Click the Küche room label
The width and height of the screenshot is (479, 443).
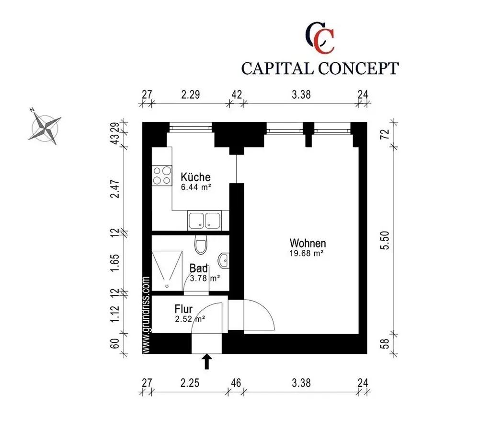(195, 177)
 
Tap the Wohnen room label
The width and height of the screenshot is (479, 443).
(308, 243)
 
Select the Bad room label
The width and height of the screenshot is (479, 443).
(199, 268)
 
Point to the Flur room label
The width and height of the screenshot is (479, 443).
(183, 309)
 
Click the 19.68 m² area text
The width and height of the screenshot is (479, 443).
(307, 253)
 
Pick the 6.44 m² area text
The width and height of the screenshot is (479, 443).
(196, 187)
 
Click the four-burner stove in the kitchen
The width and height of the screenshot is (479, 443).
(162, 175)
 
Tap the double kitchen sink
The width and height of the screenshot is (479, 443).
(205, 220)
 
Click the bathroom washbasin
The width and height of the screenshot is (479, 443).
(224, 261)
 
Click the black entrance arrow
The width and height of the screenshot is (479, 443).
(207, 361)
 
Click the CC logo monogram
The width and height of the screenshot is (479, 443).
(320, 37)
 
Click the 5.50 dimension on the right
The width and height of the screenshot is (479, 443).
(386, 240)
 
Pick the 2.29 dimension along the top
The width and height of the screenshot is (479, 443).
(191, 94)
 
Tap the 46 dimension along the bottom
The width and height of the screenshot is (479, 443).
(236, 383)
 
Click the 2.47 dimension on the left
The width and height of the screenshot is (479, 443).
(115, 189)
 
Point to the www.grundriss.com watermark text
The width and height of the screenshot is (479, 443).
(146, 315)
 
